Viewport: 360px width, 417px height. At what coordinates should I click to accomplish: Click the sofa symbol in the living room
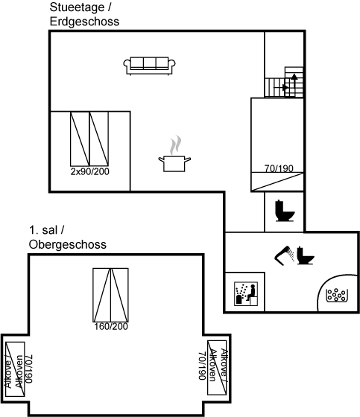click(x=149, y=66)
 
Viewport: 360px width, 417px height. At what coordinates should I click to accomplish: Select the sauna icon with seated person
click(x=246, y=293)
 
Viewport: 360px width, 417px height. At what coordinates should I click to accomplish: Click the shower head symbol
click(x=285, y=255)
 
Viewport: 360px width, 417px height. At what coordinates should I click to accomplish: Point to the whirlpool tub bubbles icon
click(x=337, y=295)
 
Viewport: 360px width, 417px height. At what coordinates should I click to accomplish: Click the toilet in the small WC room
click(x=285, y=211)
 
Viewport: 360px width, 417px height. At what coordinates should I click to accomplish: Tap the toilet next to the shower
click(x=306, y=255)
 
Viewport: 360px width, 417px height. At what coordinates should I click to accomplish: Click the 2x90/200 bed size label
click(x=90, y=171)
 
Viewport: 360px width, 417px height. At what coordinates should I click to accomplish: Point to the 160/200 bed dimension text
click(x=111, y=327)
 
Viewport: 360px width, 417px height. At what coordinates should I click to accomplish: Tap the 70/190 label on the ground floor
click(x=279, y=168)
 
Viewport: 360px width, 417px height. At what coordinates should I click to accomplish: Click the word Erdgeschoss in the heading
click(x=84, y=22)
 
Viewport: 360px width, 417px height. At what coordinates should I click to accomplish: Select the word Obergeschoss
click(x=68, y=245)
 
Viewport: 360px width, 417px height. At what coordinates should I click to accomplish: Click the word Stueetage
click(x=77, y=7)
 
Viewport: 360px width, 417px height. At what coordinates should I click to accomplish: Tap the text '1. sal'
click(x=43, y=230)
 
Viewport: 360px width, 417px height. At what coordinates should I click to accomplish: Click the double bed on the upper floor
click(x=110, y=295)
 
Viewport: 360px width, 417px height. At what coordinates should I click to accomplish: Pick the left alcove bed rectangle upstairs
click(x=15, y=369)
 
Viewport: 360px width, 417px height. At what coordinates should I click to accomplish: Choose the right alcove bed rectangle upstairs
click(x=217, y=368)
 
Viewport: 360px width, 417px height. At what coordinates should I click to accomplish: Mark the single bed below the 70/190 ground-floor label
click(x=277, y=182)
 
